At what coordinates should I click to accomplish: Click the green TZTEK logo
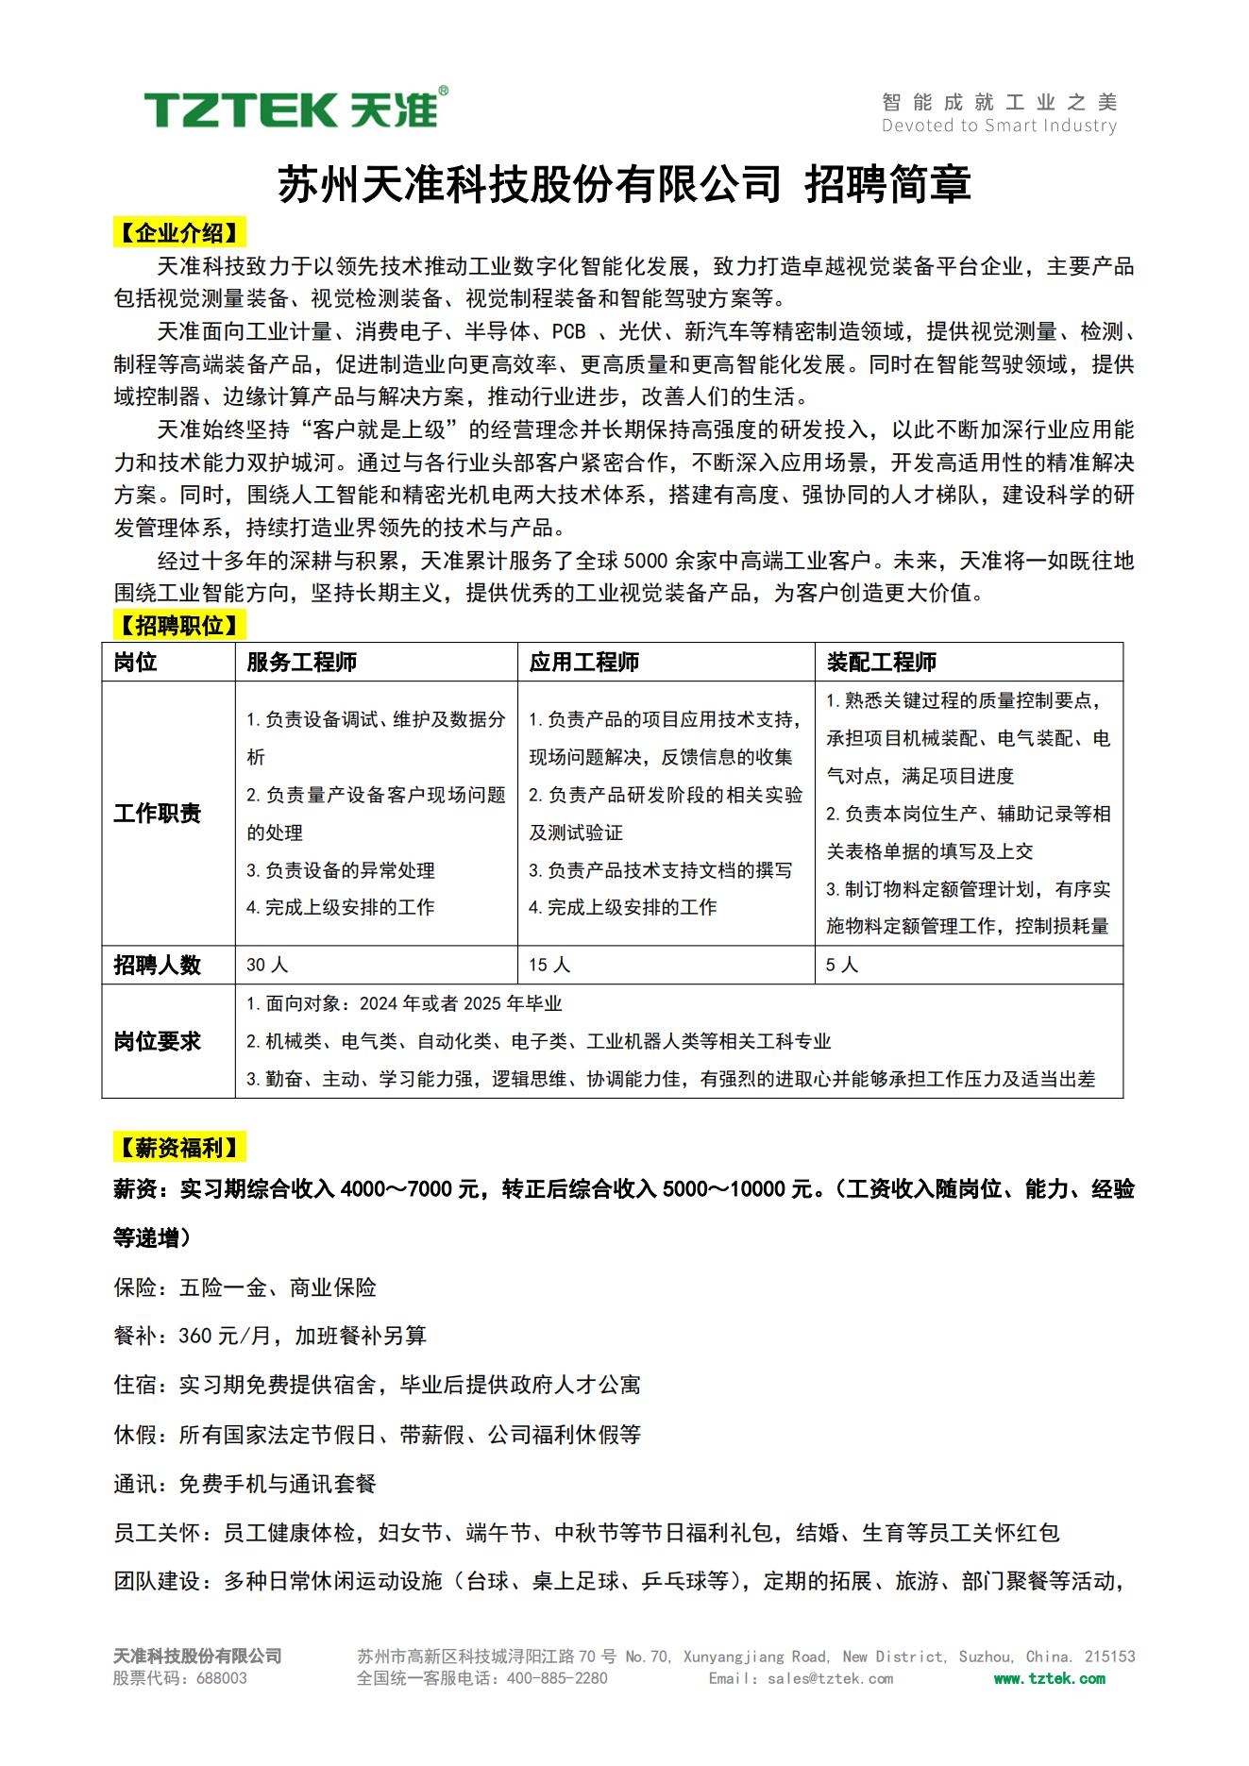(x=295, y=109)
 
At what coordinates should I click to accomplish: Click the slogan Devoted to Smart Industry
(x=999, y=126)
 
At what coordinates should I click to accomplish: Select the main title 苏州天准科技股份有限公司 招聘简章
(x=624, y=184)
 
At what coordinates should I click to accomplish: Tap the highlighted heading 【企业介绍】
(x=179, y=233)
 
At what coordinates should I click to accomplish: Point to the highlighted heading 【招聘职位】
(x=179, y=625)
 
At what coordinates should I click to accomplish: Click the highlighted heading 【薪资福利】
(x=179, y=1148)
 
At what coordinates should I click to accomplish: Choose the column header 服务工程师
(x=301, y=662)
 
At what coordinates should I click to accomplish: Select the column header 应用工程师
(x=583, y=662)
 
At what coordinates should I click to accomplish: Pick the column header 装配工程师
(x=881, y=662)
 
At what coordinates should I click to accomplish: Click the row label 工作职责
(x=157, y=813)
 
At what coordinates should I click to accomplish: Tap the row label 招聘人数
(x=157, y=965)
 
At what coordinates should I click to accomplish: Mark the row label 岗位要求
(x=157, y=1041)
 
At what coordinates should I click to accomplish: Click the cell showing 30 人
(x=267, y=965)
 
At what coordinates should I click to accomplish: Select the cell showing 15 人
(x=549, y=965)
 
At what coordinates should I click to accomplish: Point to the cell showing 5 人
(x=842, y=965)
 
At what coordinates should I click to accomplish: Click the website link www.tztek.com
(x=1049, y=1678)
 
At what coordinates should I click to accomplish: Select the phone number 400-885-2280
(x=557, y=1678)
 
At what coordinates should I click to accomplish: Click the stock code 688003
(x=222, y=1678)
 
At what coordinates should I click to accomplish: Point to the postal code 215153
(x=1109, y=1657)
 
